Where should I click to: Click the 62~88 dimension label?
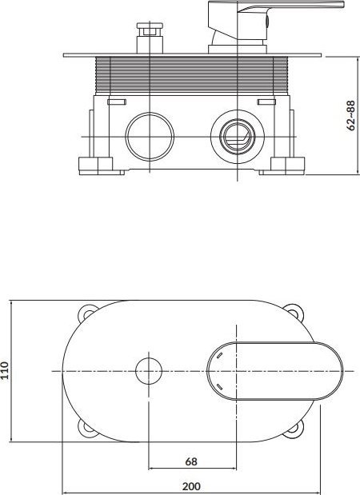(x=350, y=115)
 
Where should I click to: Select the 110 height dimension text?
(x=4, y=370)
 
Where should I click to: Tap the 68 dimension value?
(x=191, y=461)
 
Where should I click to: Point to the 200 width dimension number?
(x=191, y=486)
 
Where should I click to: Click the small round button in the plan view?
(x=149, y=371)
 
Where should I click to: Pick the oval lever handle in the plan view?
(x=274, y=371)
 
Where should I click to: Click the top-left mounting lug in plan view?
(x=87, y=313)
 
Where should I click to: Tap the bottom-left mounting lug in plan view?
(x=86, y=429)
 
